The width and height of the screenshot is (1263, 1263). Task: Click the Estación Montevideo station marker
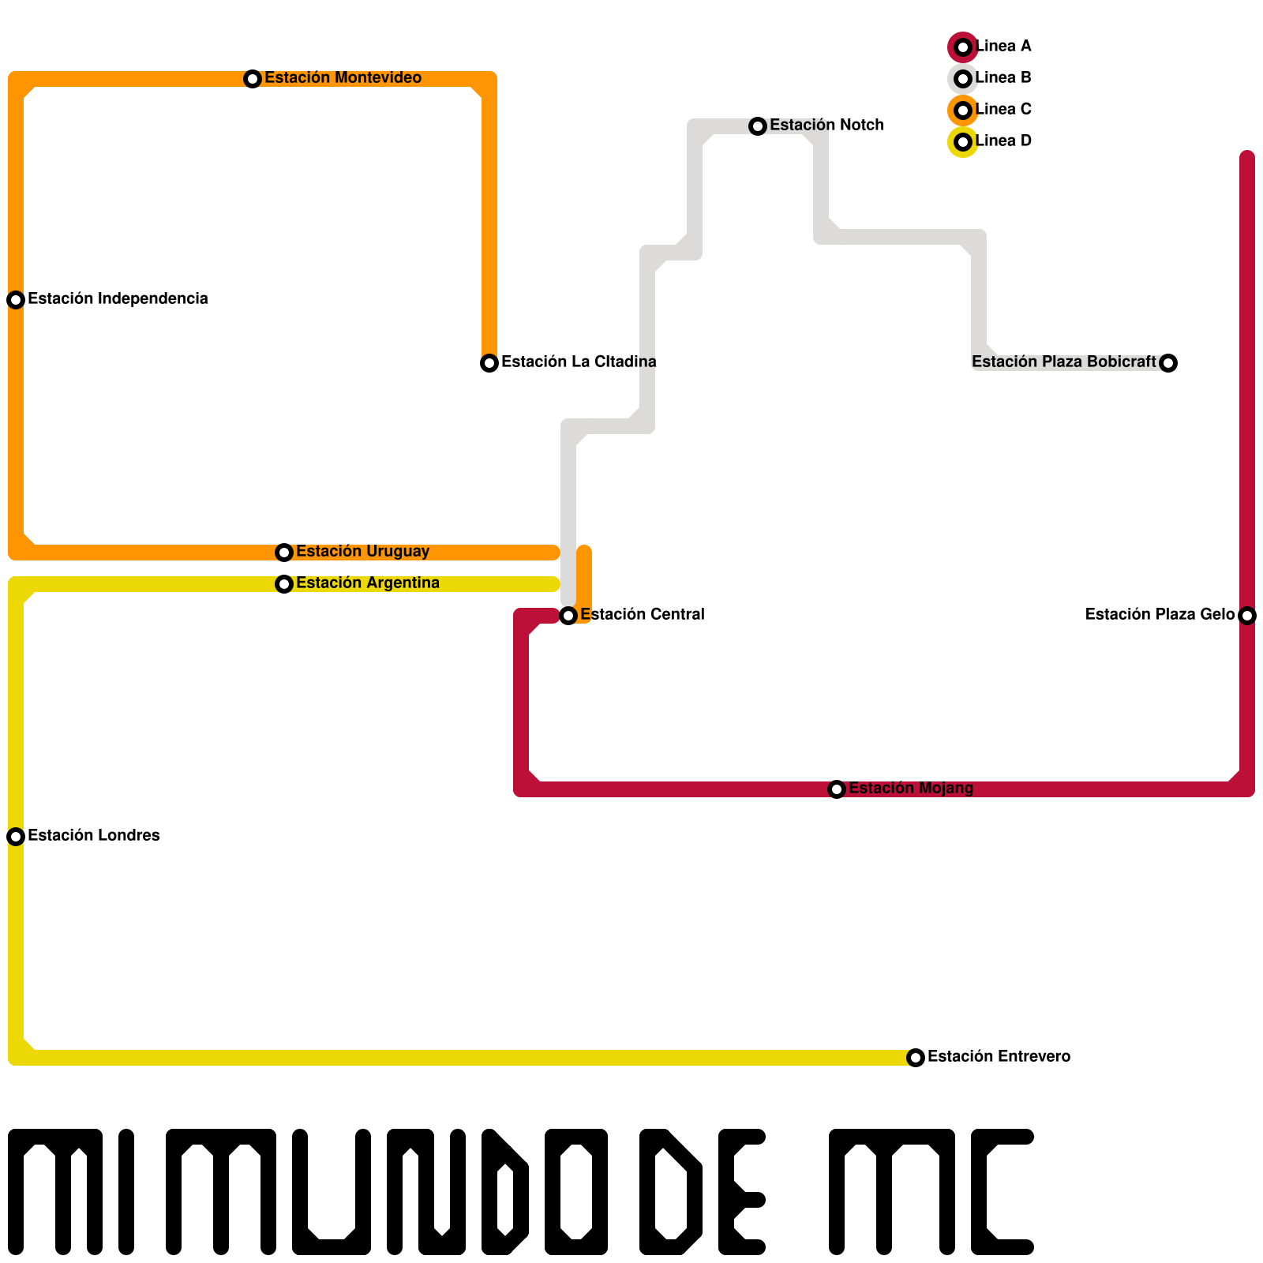(x=253, y=79)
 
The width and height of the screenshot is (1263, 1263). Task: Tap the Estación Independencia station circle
(x=16, y=300)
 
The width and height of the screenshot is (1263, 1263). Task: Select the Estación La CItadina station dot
(x=489, y=363)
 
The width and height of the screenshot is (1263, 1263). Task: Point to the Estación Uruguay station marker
(x=284, y=553)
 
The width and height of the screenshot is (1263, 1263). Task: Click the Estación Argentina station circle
(x=284, y=584)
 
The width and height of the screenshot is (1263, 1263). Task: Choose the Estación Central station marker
(x=568, y=616)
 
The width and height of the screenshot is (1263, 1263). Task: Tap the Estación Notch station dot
(x=758, y=126)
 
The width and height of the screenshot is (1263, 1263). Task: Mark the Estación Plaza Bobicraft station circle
(x=1168, y=363)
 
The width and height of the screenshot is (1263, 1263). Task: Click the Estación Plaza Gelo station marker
(x=1247, y=616)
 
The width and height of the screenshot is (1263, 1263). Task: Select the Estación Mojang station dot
(x=837, y=789)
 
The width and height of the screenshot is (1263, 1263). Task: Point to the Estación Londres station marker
(x=16, y=837)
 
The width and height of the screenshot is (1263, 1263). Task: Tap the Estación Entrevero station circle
(x=916, y=1058)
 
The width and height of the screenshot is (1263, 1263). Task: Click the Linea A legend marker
(x=963, y=47)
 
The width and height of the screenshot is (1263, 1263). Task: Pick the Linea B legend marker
(x=963, y=79)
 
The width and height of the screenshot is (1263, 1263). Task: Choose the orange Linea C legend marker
(x=963, y=111)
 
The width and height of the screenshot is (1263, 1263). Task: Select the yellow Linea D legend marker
(x=963, y=142)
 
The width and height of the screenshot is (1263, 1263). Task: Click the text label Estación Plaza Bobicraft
(x=1064, y=362)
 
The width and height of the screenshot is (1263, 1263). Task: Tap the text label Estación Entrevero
(x=999, y=1056)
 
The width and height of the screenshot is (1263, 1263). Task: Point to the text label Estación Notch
(x=826, y=125)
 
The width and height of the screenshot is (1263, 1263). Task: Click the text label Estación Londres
(x=94, y=835)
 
